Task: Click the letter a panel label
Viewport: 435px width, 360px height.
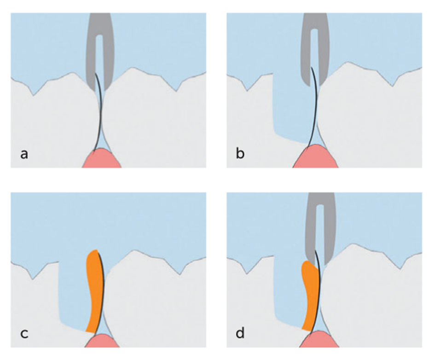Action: point(24,154)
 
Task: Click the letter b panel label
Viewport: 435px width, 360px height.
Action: point(240,154)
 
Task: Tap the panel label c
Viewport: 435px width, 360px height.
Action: point(24,332)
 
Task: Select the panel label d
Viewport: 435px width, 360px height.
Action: point(240,332)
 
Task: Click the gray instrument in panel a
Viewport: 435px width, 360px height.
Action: point(90,51)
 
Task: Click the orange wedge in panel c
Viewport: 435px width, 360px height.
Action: point(94,290)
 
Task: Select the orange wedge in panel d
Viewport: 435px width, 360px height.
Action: point(310,295)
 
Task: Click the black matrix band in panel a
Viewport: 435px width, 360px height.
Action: point(100,115)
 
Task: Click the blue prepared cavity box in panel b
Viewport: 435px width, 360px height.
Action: point(288,110)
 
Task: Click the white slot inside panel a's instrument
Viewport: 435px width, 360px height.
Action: point(99,51)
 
